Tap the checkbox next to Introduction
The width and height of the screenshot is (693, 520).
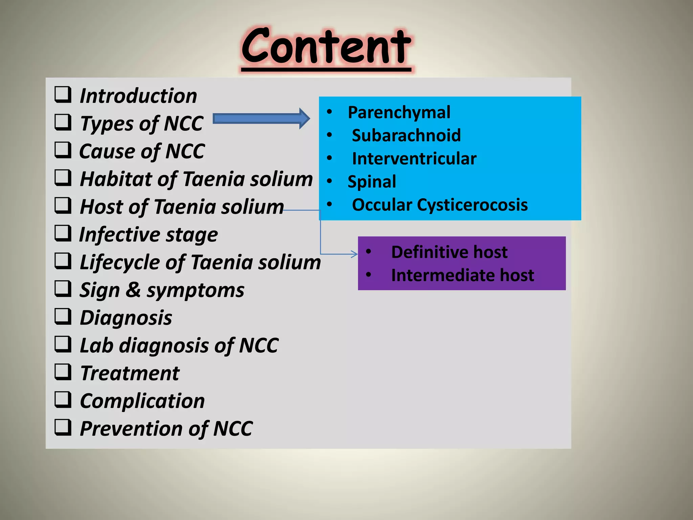coord(63,94)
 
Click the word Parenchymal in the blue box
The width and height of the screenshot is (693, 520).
coord(399,112)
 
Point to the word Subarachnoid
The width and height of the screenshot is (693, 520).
coord(406,135)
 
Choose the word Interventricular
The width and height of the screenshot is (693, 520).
coord(414,158)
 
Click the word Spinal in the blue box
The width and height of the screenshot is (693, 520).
coord(372,182)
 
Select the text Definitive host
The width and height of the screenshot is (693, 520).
coord(449,252)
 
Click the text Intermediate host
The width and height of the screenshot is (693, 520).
coord(462,275)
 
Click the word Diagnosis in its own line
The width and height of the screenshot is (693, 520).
coord(126,318)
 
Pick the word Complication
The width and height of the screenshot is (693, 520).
coord(142,401)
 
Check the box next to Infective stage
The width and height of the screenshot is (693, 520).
coord(63,233)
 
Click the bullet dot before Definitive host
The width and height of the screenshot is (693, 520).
coord(368,252)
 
